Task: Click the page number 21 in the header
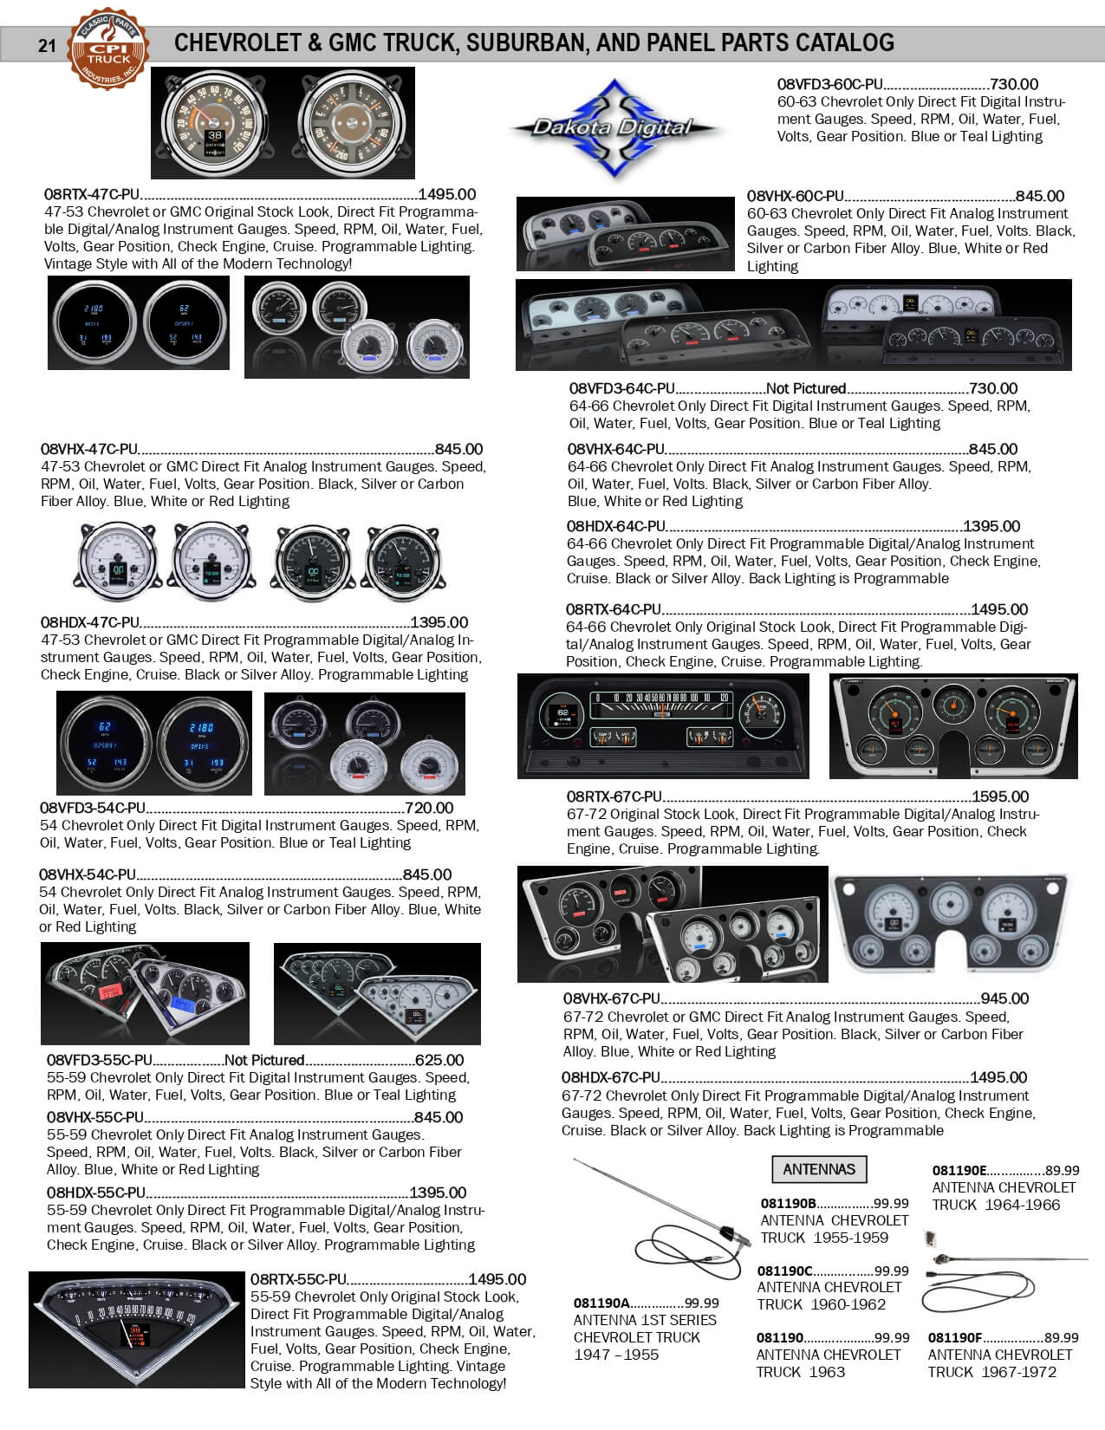(47, 46)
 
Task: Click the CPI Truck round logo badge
(109, 49)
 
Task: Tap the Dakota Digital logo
(614, 128)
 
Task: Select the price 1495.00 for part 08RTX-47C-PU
(446, 195)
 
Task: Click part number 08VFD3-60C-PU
(829, 84)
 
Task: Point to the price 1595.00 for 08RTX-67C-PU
(999, 796)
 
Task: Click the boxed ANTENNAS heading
(818, 1169)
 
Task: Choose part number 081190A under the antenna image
(601, 1303)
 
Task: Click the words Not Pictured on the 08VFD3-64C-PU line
(805, 388)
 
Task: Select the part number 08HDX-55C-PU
(96, 1193)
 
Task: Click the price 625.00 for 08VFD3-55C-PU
(439, 1060)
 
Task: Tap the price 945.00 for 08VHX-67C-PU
(1004, 998)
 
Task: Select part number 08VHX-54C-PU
(88, 874)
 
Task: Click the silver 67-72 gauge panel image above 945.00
(951, 924)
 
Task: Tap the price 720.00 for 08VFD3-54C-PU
(428, 808)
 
